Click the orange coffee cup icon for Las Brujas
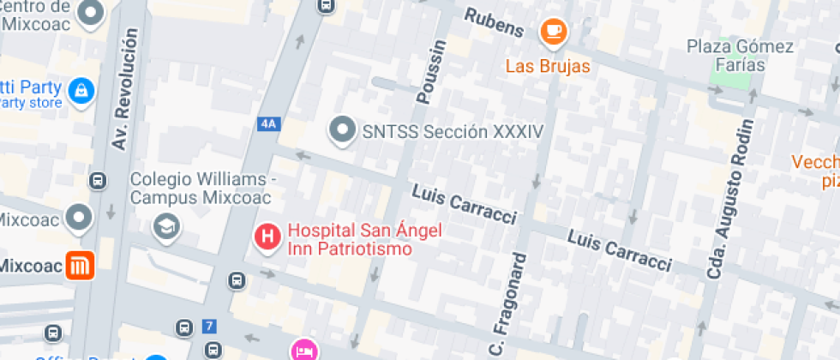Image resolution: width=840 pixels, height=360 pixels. (554, 33)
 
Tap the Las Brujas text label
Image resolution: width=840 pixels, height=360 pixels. (548, 66)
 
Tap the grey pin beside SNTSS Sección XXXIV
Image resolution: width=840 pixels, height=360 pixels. (343, 130)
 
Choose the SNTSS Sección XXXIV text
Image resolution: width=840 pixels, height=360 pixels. (453, 131)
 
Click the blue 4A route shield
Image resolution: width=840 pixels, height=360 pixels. (268, 123)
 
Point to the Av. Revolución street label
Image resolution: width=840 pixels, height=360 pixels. (123, 90)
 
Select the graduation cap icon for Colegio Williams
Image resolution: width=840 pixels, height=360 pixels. (164, 226)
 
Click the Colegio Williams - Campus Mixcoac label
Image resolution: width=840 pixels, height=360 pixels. (201, 189)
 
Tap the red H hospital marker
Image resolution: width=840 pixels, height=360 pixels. (268, 237)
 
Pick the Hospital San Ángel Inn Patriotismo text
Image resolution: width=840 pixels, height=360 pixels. (350, 239)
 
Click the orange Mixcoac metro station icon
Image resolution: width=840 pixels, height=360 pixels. (81, 267)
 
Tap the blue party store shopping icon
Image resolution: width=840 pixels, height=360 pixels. (81, 89)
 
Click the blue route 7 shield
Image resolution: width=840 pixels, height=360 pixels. (209, 326)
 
